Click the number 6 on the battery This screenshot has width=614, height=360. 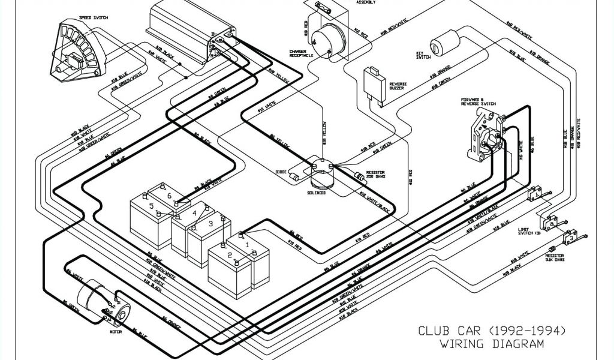click(x=170, y=196)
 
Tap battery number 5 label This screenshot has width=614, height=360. click(x=152, y=206)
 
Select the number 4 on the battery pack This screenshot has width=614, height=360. click(x=194, y=212)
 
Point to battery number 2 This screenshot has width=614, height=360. click(x=229, y=255)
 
